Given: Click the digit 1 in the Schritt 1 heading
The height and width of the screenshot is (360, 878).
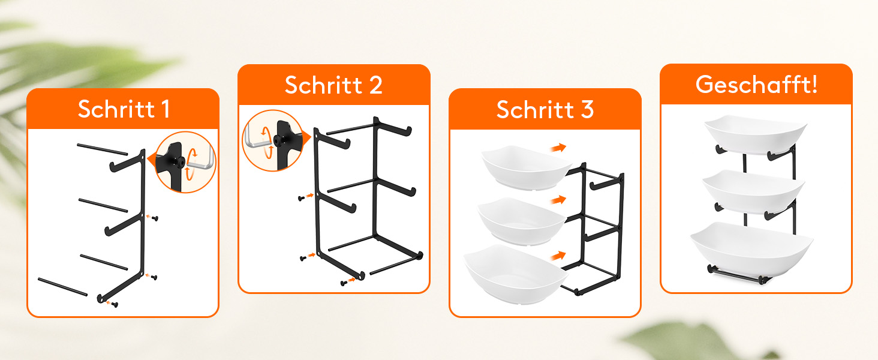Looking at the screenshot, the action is coord(166,109).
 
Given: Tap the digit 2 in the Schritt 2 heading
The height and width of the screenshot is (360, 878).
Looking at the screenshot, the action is coord(375,85).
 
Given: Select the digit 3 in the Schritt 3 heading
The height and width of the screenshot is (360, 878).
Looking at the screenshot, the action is coord(587,109).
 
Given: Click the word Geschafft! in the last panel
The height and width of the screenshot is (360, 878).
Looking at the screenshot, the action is coord(756,85).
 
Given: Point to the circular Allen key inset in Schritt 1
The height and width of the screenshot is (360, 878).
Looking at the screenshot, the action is coord(185,162).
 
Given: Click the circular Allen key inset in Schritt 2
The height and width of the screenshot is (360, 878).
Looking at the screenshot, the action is coord(273,140).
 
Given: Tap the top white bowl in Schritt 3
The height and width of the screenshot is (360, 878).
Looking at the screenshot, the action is coord(527,168).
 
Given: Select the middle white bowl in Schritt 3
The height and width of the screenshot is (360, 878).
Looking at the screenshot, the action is coord(522,221).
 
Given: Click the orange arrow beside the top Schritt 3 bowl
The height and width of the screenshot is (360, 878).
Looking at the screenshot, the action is coord(558,148).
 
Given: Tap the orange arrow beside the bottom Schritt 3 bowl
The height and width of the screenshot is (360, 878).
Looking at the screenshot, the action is coord(558,256).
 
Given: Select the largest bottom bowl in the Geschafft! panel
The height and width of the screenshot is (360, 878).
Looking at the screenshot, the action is coord(752,250).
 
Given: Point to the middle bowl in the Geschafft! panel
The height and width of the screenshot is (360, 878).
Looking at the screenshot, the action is coord(754,192).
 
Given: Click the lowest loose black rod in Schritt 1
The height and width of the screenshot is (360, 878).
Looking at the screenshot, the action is coord(63,287).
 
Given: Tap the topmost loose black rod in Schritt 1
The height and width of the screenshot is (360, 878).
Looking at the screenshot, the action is coord(103,149).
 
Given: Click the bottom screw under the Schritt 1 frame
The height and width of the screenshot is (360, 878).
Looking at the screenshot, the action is coord(115,304).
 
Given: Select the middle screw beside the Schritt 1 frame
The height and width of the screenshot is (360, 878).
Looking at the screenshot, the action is coord(155,218).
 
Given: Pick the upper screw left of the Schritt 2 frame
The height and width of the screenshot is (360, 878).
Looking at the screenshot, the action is coord(302,199).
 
